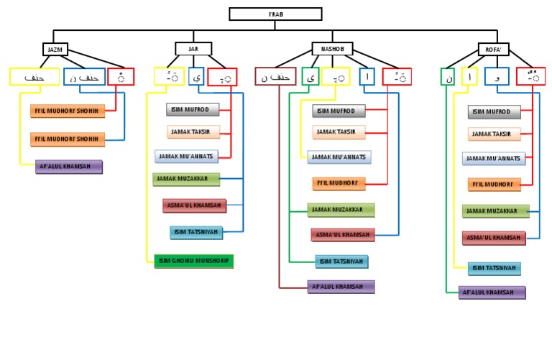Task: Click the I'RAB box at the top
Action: [x=275, y=14]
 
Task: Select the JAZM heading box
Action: [x=53, y=50]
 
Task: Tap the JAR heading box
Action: [x=193, y=49]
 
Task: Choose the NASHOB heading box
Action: [x=332, y=49]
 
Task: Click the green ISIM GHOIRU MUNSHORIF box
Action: [x=194, y=261]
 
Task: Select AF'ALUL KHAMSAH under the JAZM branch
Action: [x=69, y=167]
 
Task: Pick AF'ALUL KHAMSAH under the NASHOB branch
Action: [x=341, y=287]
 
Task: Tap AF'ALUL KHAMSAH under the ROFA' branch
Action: [x=492, y=292]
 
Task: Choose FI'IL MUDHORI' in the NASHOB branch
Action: [x=339, y=184]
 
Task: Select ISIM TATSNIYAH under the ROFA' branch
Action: [x=494, y=269]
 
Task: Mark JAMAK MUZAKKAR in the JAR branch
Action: [x=186, y=180]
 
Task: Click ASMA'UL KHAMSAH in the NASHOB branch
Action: [x=343, y=235]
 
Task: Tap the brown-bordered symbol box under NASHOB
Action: [x=275, y=77]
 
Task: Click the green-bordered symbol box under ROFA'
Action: [x=448, y=77]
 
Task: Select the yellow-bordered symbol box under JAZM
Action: [x=34, y=77]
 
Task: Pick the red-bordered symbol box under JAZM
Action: [x=121, y=77]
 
